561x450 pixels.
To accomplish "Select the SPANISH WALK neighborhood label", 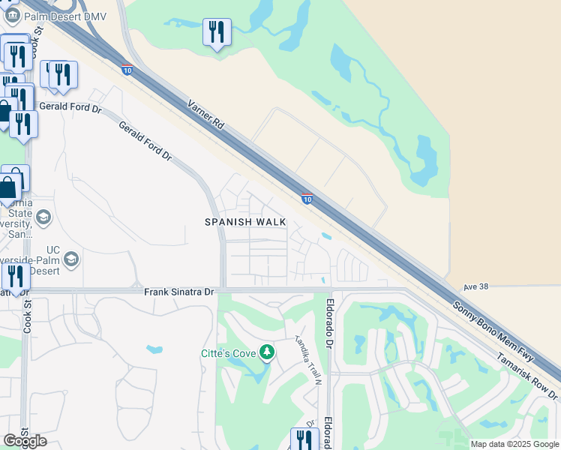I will [x=246, y=222].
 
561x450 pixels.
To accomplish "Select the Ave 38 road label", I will [x=475, y=286].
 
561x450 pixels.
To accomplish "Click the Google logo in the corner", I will [x=25, y=440].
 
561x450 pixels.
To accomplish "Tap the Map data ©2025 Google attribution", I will [x=514, y=444].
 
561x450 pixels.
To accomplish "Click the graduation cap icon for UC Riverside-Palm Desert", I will [x=71, y=259].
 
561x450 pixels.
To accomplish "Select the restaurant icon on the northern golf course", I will [x=217, y=32].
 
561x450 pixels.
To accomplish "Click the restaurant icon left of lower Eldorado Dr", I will [x=303, y=439].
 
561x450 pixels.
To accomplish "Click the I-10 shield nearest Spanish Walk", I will [x=307, y=198].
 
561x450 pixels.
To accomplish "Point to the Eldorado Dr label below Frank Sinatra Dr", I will [x=328, y=323].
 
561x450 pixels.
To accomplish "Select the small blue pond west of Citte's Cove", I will [x=154, y=349].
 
